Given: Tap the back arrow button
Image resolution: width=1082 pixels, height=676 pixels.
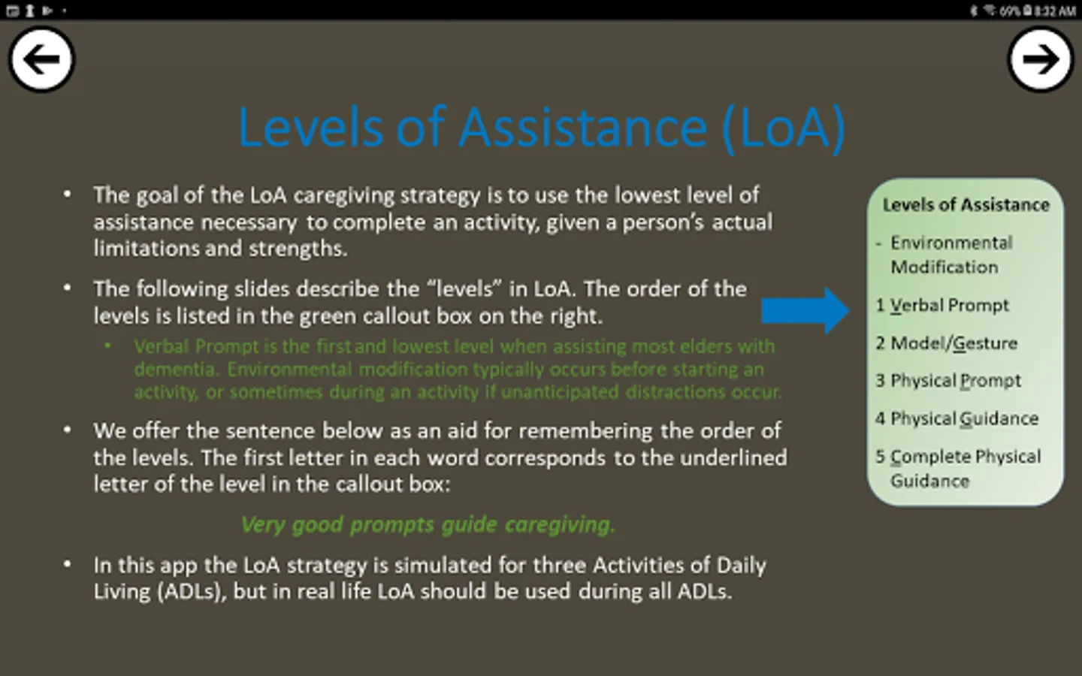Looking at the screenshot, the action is coord(41,59).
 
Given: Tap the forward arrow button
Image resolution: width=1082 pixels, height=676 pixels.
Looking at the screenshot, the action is coord(1041,59).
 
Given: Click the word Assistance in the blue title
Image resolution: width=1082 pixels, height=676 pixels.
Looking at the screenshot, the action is coord(583,128).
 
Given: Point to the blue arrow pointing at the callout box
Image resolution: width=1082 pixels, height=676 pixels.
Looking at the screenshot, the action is coord(805,310).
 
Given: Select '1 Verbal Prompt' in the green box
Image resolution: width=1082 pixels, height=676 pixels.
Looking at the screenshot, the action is coord(942,306).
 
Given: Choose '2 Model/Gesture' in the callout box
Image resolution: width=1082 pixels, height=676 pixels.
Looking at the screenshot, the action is coord(946,343).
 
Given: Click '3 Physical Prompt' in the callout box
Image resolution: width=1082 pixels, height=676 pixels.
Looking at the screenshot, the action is coord(948,381).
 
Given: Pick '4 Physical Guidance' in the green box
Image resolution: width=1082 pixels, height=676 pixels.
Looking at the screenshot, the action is coord(957,418).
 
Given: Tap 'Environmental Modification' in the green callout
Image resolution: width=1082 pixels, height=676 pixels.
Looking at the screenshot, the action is coord(951,255).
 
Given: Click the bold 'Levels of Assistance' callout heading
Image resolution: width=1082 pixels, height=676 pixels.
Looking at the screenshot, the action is coord(966,205).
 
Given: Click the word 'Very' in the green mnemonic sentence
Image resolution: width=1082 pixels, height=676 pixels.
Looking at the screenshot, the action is coord(263,525).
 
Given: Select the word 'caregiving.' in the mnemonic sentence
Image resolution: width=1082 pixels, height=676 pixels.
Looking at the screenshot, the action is coord(561,525).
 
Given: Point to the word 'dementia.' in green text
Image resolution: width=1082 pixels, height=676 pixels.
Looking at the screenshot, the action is coord(177,370).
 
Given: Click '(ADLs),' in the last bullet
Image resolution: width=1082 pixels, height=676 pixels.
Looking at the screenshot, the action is coord(192,592).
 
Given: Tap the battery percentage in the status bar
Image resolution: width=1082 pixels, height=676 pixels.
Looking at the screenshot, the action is coord(1009,11).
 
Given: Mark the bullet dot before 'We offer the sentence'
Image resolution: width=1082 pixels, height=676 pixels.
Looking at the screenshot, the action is coord(67,430).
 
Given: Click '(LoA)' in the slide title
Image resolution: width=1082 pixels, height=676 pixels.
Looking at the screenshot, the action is coord(784,128).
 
